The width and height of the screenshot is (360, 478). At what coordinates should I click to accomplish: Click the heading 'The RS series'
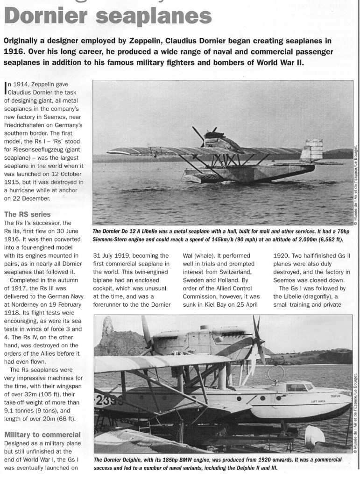coord(27,214)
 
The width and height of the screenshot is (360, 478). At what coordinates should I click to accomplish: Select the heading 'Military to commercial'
coord(42,435)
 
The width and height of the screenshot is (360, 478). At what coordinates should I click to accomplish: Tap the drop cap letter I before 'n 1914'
coord(5,86)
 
